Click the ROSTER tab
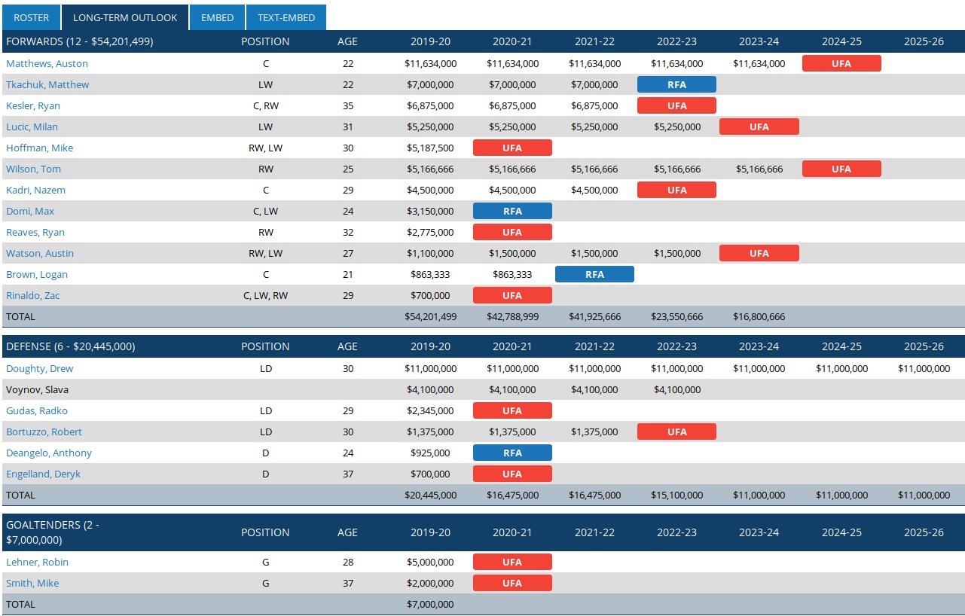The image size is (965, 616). [x=31, y=17]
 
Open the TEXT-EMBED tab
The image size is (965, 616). [x=286, y=17]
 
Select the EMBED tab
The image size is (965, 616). [x=217, y=17]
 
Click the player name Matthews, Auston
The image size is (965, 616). [x=47, y=63]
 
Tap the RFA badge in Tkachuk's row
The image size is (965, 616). [x=676, y=84]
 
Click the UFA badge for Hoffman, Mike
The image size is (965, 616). [x=512, y=148]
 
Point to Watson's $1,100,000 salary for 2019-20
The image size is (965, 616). [x=430, y=253]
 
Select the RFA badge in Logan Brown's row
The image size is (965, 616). [x=594, y=274]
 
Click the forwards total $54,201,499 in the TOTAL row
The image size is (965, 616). [x=430, y=316]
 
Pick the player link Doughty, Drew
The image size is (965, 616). [x=40, y=368]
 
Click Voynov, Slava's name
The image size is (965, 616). [x=37, y=389]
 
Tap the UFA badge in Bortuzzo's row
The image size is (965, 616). [x=676, y=432]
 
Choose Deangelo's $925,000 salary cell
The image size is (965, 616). [x=430, y=453]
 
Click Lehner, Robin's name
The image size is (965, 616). [x=37, y=562]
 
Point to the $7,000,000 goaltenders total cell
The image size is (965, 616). [x=430, y=604]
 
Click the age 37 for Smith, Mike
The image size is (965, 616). [x=348, y=583]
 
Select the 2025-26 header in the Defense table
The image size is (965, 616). [x=924, y=346]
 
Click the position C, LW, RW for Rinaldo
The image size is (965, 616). [x=265, y=295]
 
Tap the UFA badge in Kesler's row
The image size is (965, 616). [x=676, y=105]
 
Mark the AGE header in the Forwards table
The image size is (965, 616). [x=347, y=41]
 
